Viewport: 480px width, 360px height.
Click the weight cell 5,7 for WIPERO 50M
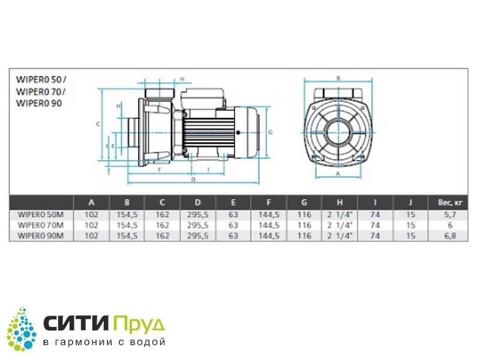point(449,215)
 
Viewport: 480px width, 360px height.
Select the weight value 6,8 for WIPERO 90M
point(449,236)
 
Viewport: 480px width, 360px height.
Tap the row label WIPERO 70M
point(41,226)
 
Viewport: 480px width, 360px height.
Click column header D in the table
point(198,202)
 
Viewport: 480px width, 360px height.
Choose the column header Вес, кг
point(449,202)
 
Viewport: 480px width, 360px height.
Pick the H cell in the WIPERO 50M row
point(340,215)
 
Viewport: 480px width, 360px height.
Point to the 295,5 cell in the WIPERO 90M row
point(198,236)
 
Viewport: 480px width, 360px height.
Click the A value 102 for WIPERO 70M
point(91,226)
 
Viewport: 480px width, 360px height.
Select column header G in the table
point(304,202)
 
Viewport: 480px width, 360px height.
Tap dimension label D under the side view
point(193,179)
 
